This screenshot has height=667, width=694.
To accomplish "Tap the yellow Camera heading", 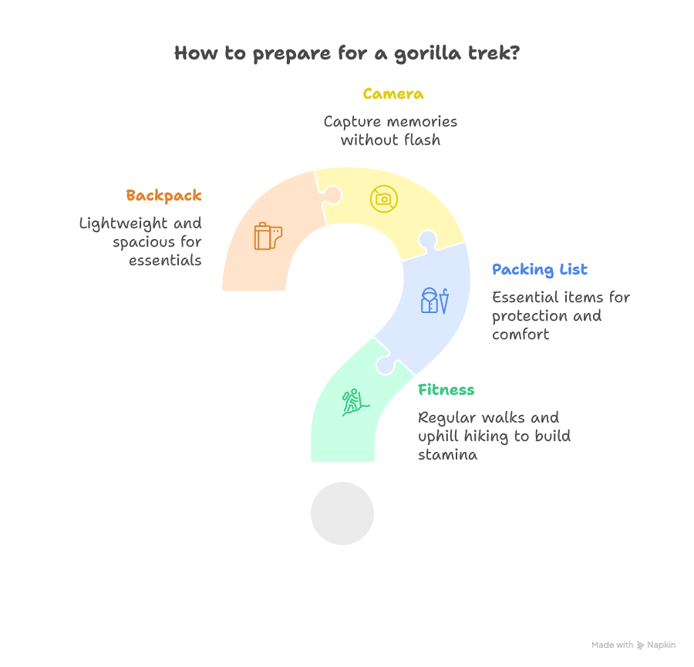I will tap(393, 94).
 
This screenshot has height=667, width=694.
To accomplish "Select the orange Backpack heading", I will tap(164, 195).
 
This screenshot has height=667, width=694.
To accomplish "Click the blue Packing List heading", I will tap(540, 269).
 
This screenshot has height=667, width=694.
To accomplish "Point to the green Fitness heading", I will tap(446, 389).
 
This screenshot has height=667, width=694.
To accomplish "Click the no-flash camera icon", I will tap(383, 199).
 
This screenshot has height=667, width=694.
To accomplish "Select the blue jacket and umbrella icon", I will tap(435, 300).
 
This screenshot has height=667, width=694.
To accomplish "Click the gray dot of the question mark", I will tap(342, 514).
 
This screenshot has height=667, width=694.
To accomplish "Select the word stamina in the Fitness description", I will tap(448, 455).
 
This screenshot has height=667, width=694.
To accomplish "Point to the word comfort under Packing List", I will tap(521, 335).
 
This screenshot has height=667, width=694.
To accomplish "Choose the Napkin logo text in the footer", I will tap(662, 645).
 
